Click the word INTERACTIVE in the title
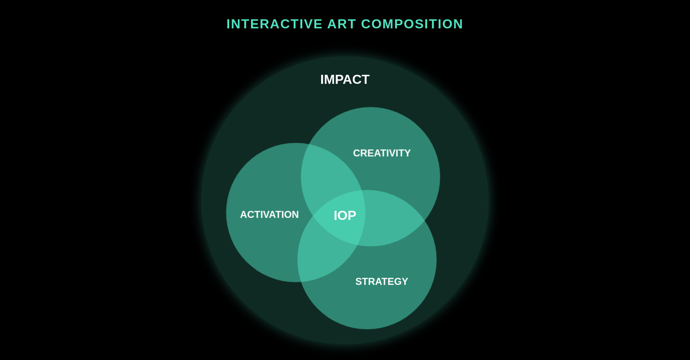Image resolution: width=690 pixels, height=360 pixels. pos(274,24)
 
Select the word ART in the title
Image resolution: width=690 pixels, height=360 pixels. pos(341,24)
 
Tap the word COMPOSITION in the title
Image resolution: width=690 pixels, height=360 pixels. pos(412,24)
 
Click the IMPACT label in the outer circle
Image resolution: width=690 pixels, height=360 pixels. pos(345,79)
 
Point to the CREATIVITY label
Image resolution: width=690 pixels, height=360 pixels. pos(382,153)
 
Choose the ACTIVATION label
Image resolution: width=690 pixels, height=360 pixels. pos(269,215)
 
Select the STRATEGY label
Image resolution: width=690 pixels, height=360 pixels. pos(382,282)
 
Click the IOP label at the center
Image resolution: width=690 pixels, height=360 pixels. pos(345,215)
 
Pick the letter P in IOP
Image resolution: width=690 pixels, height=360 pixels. pos(352,215)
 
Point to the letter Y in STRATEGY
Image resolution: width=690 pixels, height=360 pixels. pos(405,282)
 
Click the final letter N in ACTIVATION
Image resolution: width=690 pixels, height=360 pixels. pos(295,215)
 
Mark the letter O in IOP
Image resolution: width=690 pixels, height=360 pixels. pos(343,215)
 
